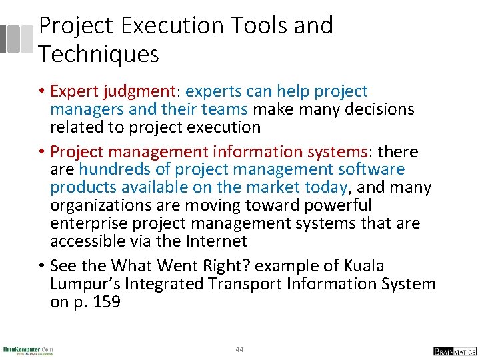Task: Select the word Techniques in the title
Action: (x=99, y=54)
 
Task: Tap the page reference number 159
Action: (x=105, y=301)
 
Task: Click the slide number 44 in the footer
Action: (x=240, y=349)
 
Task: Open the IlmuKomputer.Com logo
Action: (x=28, y=350)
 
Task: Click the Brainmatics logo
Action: (x=454, y=351)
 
